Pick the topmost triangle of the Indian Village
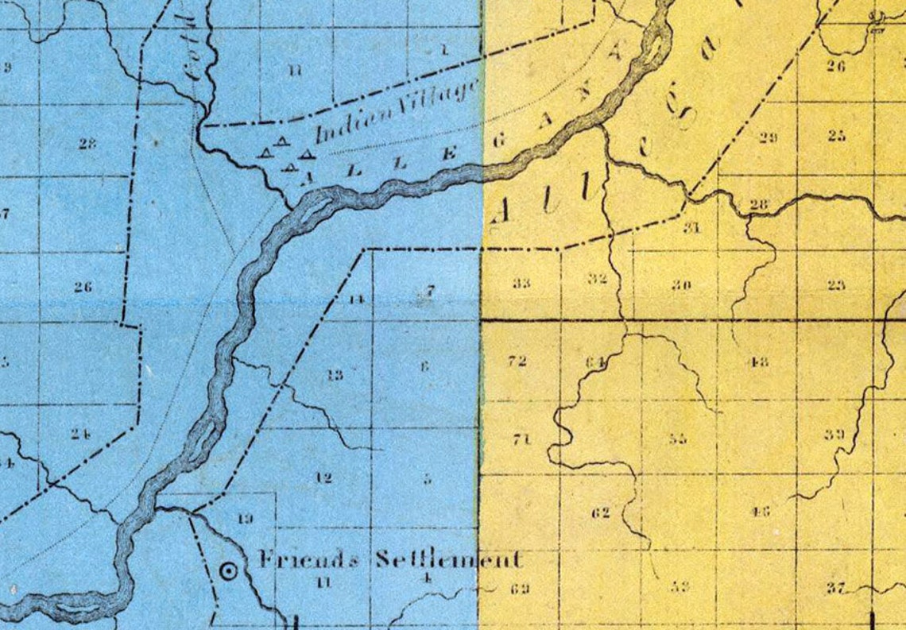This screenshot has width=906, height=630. [x=281, y=141]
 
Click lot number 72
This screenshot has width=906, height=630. [x=517, y=361]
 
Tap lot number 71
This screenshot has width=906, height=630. [x=521, y=439]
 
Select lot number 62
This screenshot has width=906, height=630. [x=601, y=512]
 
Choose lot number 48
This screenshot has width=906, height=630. [x=757, y=362]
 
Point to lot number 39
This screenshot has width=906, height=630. [x=834, y=434]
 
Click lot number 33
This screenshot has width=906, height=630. [x=521, y=283]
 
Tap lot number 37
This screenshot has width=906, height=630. [x=834, y=588]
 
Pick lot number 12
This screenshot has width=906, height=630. [x=323, y=478]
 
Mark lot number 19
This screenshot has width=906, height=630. [x=246, y=519]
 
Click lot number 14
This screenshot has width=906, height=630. [x=356, y=300]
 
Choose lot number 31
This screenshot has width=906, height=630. [x=691, y=229]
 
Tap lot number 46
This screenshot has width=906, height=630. [x=760, y=511]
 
